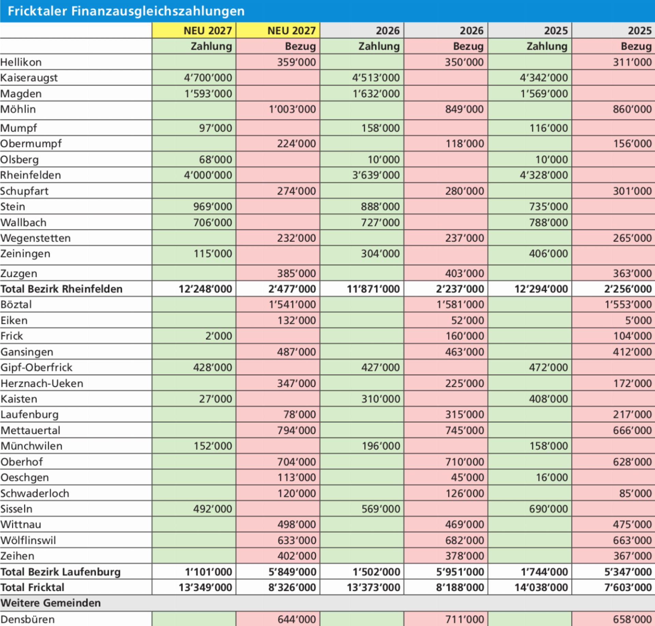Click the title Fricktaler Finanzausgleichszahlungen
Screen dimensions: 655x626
coord(126,11)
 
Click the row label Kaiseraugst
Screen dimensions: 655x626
coord(29,78)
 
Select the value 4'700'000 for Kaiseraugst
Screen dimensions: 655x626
coord(208,78)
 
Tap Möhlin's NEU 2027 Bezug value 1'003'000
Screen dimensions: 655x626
coord(292,109)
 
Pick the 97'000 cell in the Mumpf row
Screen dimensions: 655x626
coord(216,128)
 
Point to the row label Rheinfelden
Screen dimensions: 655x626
coord(31,175)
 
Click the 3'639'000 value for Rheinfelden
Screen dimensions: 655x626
coord(376,175)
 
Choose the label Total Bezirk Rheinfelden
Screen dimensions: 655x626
coord(61,289)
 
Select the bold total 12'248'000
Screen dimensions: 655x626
coord(205,289)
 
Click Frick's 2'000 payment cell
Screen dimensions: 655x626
coord(219,336)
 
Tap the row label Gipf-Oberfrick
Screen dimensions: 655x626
coord(37,367)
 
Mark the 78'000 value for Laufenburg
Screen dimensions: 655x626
coord(300,414)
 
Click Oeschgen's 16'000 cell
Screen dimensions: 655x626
coord(552,477)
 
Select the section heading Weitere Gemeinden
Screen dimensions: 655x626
coord(50,603)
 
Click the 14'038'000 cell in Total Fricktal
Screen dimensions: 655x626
coord(541,587)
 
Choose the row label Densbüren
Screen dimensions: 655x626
coord(28,619)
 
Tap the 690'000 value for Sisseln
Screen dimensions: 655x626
coord(549,509)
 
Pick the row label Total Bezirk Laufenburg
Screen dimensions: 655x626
coord(61,572)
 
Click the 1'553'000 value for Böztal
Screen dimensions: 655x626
coord(628,304)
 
